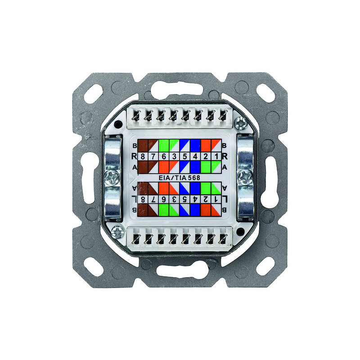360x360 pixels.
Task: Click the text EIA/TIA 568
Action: (179, 178)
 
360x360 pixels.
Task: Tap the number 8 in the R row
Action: (143, 157)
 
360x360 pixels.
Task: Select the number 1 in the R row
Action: (216, 157)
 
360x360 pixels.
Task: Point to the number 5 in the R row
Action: (185, 157)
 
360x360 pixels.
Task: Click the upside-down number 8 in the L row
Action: (143, 199)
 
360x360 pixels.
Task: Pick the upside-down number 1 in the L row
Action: (216, 199)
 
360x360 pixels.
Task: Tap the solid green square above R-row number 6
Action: (164, 145)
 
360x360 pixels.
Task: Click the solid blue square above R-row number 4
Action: (195, 145)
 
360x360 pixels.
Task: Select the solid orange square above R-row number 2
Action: (206, 145)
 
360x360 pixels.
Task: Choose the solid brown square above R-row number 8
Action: (143, 145)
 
